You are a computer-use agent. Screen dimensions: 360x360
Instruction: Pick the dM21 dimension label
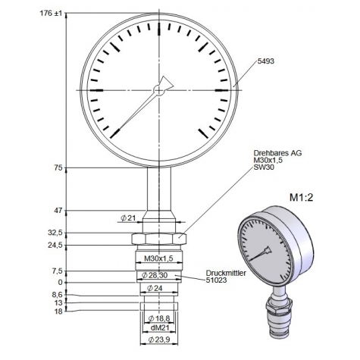pos(158,327)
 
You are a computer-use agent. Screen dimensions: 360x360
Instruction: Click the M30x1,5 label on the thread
pos(159,258)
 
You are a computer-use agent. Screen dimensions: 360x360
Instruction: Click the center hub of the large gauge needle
pos(158,91)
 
